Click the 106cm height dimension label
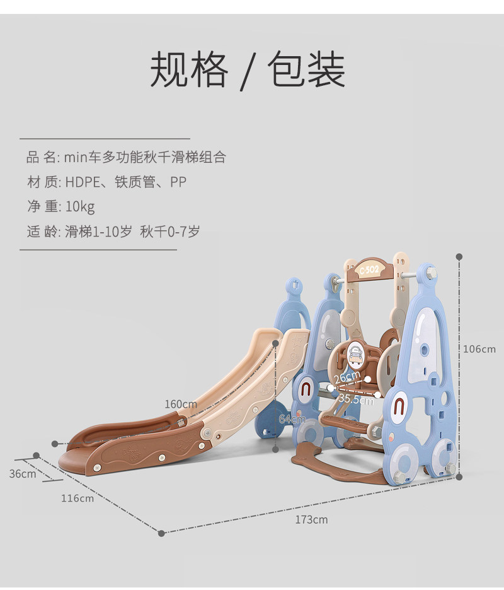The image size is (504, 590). pos(479,349)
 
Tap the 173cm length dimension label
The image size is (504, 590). pos(311,520)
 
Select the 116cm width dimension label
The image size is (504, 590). pos(77,498)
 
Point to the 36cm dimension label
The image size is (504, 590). pos(23,474)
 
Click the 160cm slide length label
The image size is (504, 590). pos(181,404)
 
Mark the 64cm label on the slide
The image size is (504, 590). pos(292,419)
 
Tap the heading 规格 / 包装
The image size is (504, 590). pos(248,70)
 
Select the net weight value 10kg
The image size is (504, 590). pos(80,207)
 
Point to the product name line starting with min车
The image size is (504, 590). pos(145,158)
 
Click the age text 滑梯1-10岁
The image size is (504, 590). pos(98,232)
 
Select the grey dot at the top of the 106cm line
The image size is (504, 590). pos(459,257)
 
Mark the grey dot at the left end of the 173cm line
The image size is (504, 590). pos(161,533)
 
